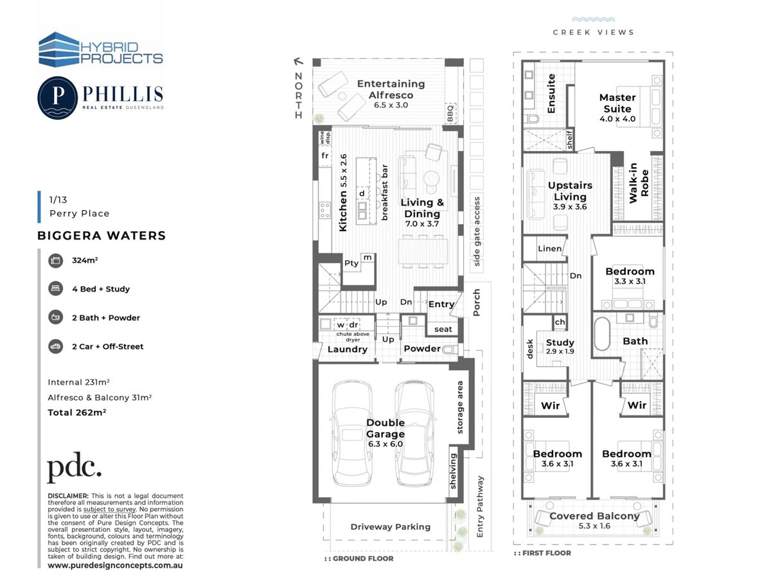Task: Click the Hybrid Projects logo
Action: [x=100, y=49]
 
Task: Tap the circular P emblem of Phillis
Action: [x=58, y=98]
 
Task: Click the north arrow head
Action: [x=298, y=62]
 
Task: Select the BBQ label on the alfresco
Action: [x=450, y=114]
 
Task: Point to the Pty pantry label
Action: [x=351, y=263]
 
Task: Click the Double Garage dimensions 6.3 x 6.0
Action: [x=385, y=444]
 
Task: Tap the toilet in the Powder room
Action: [x=450, y=349]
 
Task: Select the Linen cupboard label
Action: [x=550, y=249]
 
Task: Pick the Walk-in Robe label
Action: [x=639, y=183]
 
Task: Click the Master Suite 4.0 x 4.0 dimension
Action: [x=617, y=119]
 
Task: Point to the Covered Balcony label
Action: [x=594, y=516]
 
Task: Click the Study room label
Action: [x=560, y=342]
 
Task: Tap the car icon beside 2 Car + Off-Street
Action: [x=55, y=346]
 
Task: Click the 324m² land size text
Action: [x=85, y=260]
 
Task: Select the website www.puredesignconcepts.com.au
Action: [x=115, y=565]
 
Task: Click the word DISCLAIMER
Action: [x=68, y=496]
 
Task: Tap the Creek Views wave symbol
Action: [x=593, y=20]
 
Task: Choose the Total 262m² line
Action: [x=77, y=412]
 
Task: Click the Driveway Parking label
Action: [x=390, y=527]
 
